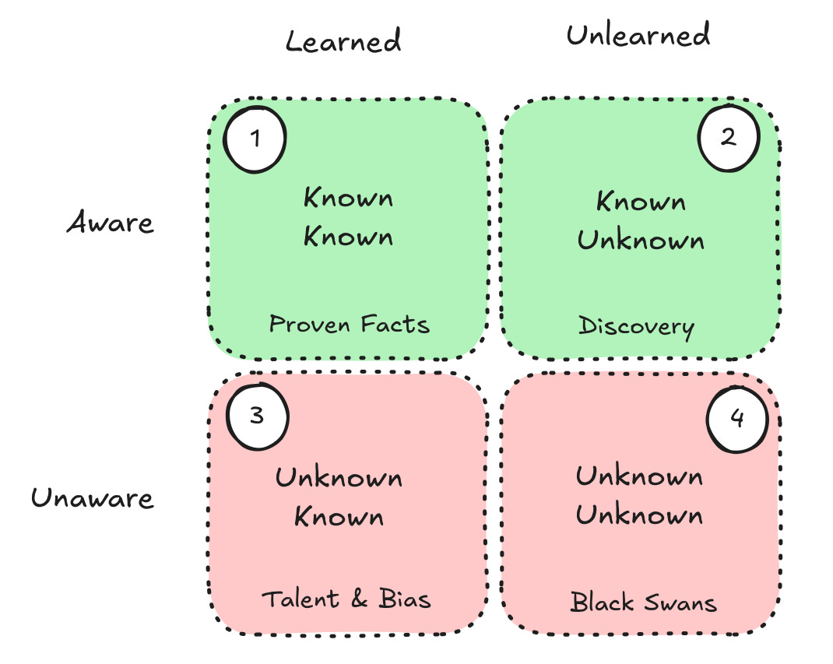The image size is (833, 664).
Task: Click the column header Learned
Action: (x=343, y=40)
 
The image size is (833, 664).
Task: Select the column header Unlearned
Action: (x=638, y=36)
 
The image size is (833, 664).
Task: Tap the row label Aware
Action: (x=111, y=223)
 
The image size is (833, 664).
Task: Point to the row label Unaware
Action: (x=93, y=497)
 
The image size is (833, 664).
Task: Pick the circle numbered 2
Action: (x=728, y=138)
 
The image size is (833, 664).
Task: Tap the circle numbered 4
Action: (x=736, y=419)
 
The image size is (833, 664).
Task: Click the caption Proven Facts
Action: (x=349, y=324)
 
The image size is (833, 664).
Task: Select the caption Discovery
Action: (x=636, y=326)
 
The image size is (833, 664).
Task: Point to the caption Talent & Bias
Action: (x=346, y=599)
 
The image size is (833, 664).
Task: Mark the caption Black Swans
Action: (x=643, y=602)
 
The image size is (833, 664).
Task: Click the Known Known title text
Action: (x=348, y=217)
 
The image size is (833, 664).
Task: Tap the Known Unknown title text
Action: (x=641, y=221)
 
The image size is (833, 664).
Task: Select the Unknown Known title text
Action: (x=339, y=497)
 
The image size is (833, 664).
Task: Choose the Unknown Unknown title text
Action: (x=639, y=495)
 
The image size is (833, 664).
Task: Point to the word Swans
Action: (x=679, y=602)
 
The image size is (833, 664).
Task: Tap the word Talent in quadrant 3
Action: (x=300, y=599)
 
